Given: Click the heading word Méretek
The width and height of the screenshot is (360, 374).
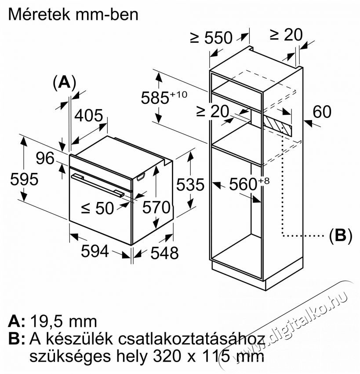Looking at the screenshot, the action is pos(39,15).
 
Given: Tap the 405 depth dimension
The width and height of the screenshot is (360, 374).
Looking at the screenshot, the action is pos(89,116).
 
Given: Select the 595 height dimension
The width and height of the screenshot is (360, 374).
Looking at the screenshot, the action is pos(24,179).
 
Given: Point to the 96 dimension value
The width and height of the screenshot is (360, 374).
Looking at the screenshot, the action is pos(45,158).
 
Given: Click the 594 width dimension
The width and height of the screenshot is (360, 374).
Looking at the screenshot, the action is pos(95,251).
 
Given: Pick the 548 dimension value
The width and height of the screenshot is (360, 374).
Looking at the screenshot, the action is pos(164,253).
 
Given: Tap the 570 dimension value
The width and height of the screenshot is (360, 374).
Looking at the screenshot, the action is pos(156,207).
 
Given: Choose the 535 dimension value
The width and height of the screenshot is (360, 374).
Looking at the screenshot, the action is pos(190,185).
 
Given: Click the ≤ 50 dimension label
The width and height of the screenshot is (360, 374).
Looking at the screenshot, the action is pos(98,208).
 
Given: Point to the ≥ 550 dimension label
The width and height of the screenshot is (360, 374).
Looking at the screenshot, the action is pos(211,38).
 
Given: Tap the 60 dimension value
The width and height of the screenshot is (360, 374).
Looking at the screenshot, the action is pos(322,112).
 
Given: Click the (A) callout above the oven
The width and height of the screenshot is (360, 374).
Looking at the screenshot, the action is pos(64,82).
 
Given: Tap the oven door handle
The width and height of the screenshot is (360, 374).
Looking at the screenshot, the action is pos(98,185).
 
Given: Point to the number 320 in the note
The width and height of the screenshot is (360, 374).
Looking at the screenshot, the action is pos(167,356).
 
